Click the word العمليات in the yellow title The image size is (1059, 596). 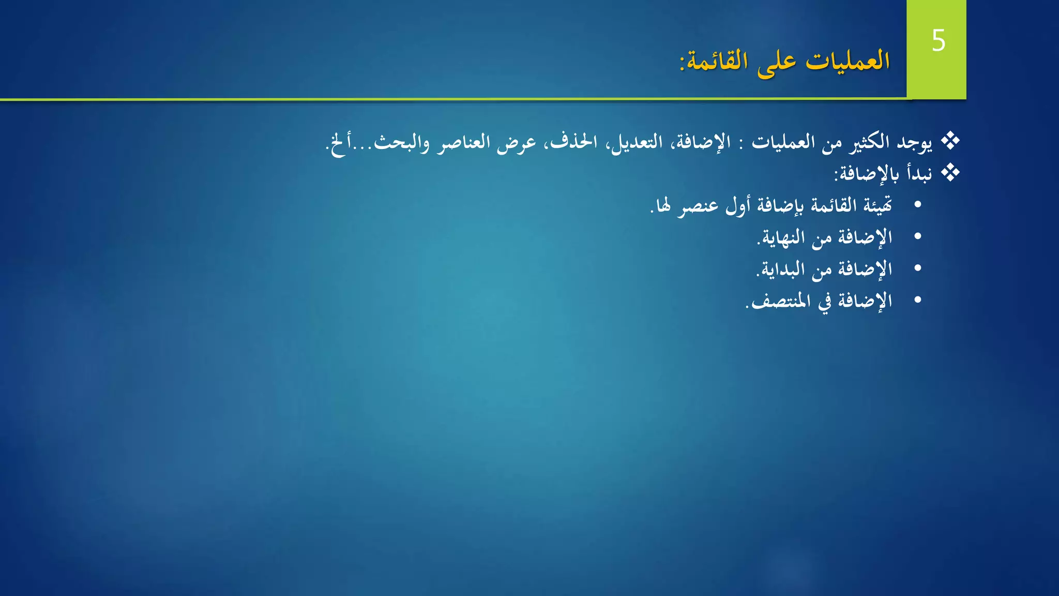coord(848,61)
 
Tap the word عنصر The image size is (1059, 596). coord(698,205)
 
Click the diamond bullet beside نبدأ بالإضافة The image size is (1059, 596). coord(950,173)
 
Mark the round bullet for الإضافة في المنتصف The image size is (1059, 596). coord(918,300)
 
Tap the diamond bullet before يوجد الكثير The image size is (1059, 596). coord(950,141)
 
